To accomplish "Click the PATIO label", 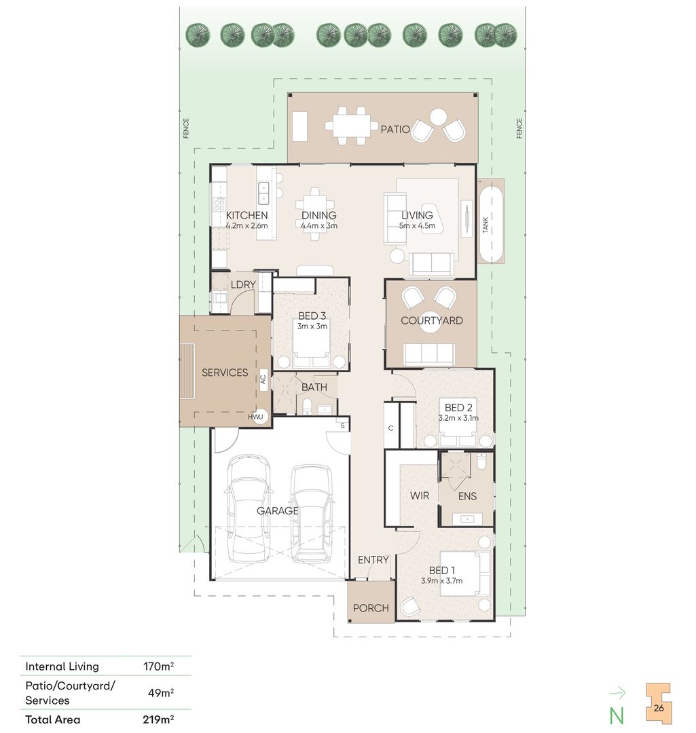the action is click(395, 129).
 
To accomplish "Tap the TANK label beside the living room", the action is click(486, 225).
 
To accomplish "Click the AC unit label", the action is click(263, 379).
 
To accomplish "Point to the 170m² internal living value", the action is click(159, 666).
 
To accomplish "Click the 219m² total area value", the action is click(158, 719).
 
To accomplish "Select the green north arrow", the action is click(617, 693).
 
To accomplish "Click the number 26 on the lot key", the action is click(659, 708).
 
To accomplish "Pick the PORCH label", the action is click(371, 607).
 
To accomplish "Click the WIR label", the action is click(419, 495).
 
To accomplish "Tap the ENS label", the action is click(467, 496).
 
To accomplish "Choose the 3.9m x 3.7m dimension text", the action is click(441, 580).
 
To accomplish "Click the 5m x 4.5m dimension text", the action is click(417, 225).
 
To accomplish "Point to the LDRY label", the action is click(243, 284).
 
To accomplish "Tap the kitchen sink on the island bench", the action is click(263, 193).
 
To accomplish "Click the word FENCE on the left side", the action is click(185, 128).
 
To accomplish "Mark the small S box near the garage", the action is click(342, 426).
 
